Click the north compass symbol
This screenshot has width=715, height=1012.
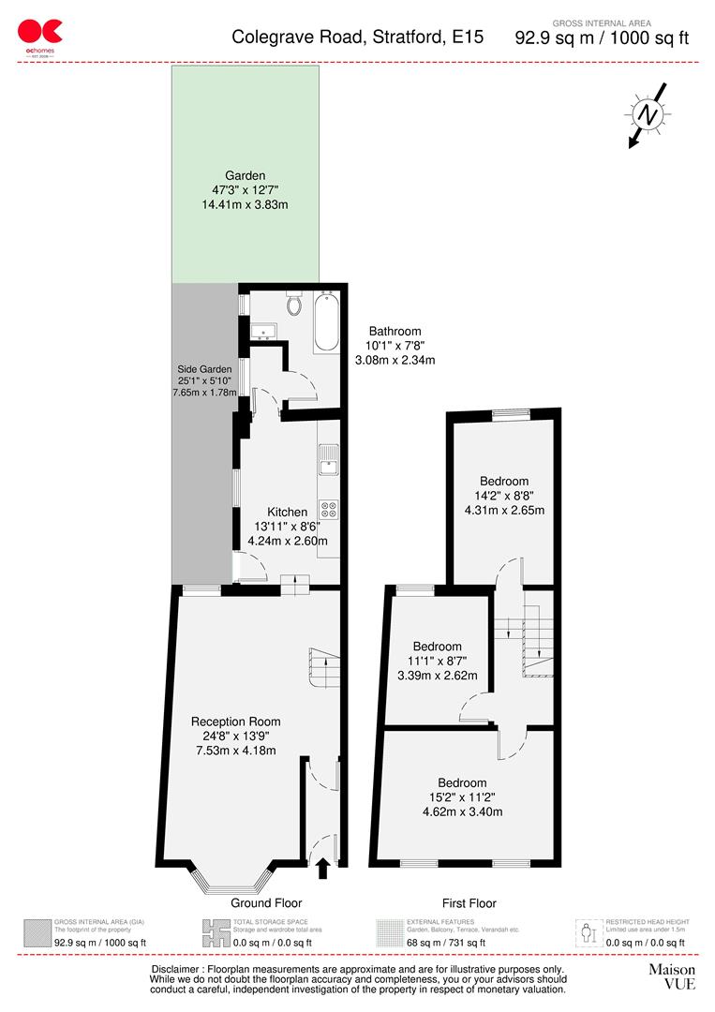click(x=647, y=114)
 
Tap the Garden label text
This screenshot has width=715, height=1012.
click(x=245, y=175)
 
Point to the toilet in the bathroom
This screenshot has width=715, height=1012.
click(x=294, y=305)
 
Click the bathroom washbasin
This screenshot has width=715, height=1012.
click(x=261, y=330)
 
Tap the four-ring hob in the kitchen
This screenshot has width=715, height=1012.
click(x=330, y=510)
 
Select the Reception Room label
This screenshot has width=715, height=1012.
click(x=235, y=722)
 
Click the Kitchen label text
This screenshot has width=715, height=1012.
click(x=287, y=512)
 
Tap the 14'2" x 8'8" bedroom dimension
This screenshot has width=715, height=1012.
click(x=504, y=496)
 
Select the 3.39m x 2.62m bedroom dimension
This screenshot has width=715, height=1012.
click(x=437, y=676)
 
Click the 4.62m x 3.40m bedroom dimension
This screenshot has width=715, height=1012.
click(x=462, y=811)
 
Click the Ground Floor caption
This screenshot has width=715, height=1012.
click(x=266, y=903)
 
